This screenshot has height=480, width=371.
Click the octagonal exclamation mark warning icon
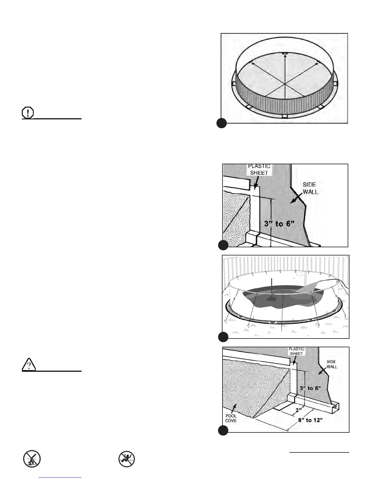tap(28, 113)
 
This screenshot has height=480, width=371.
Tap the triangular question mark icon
tap(29, 365)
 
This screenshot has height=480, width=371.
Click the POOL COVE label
tap(231, 418)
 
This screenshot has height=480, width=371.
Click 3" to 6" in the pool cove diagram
tap(310, 388)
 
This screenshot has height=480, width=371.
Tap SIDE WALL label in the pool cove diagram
tap(331, 364)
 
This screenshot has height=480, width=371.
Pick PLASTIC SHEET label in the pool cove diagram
tap(296, 351)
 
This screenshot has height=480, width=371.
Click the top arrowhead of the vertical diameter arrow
tap(285, 54)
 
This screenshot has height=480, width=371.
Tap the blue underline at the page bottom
tap(60, 478)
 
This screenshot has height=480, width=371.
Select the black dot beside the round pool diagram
tap(222, 123)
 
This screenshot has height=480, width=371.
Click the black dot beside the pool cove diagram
tap(223, 430)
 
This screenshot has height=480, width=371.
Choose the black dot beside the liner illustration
tap(223, 337)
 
